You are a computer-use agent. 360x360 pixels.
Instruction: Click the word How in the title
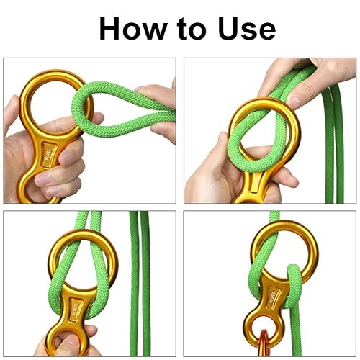[133, 28]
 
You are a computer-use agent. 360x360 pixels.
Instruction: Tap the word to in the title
[192, 30]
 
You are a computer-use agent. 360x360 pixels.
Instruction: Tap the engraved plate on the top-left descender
[47, 155]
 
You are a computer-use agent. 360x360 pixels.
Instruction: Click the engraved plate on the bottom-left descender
[73, 310]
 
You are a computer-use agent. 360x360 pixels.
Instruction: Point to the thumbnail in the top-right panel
[294, 100]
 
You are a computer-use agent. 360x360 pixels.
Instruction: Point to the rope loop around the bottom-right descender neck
[292, 286]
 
